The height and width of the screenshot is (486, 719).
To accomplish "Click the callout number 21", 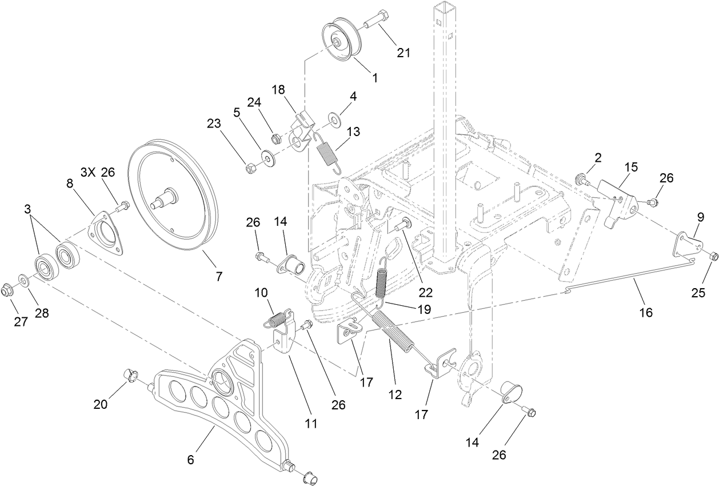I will [x=404, y=53].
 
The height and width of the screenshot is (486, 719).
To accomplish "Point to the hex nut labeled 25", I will [x=713, y=256].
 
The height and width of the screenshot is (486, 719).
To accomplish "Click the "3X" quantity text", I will [x=88, y=172].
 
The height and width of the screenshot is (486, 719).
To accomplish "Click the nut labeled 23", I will [x=250, y=169].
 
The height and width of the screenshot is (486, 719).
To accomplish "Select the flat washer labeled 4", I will [x=333, y=119].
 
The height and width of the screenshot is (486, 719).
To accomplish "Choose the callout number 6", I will [x=191, y=459].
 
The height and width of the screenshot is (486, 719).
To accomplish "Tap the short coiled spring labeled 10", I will [x=277, y=318].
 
